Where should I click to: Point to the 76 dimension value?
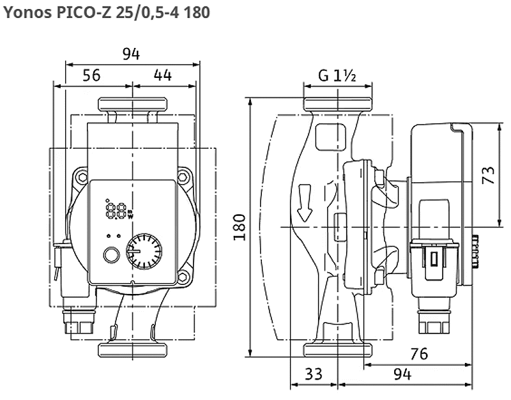click(418, 353)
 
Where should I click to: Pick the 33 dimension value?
click(314, 373)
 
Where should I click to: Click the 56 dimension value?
click(92, 75)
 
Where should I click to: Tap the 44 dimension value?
click(163, 75)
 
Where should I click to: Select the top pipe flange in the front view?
click(132, 104)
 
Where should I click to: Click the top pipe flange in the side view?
click(337, 104)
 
